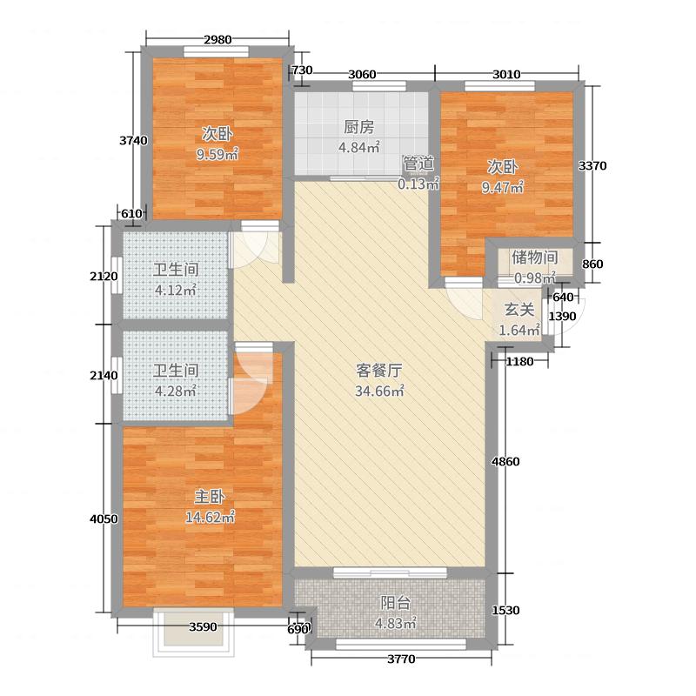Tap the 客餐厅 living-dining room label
tap(378, 370)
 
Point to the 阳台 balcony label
tap(395, 602)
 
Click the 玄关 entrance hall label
tap(519, 310)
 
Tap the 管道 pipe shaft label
tap(418, 163)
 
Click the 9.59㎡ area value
tap(217, 156)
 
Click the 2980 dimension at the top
tap(217, 39)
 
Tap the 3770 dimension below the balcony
tap(400, 659)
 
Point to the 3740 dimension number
tap(133, 140)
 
